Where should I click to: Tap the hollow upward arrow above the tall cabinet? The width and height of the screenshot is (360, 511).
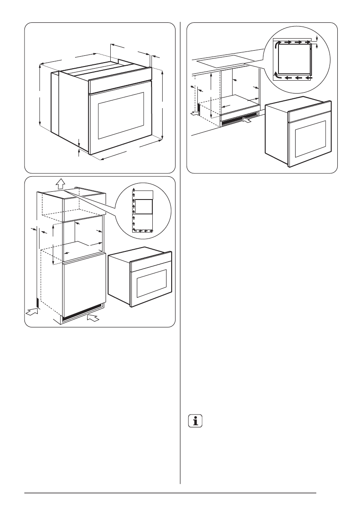pos(61,183)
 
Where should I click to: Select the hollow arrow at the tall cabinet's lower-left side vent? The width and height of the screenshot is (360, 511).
pos(31,312)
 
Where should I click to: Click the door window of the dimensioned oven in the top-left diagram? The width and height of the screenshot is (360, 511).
pos(121,115)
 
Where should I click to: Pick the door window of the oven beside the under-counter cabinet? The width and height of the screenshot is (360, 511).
pos(310,138)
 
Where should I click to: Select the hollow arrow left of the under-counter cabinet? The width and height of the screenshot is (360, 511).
pos(195,113)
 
